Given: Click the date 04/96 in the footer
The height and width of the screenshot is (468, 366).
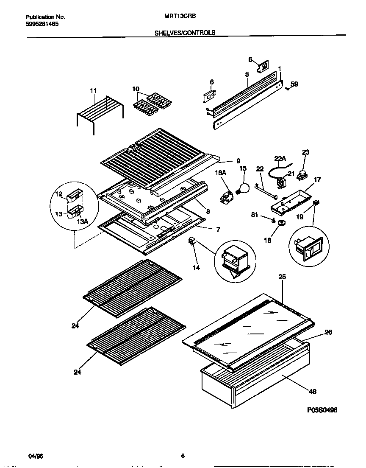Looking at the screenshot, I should coord(36,456).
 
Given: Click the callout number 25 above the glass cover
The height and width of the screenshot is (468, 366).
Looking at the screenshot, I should coord(282,277).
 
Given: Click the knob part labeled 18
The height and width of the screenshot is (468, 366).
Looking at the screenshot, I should coord(280,223).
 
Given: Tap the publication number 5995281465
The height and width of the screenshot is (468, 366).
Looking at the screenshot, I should coord(42,24).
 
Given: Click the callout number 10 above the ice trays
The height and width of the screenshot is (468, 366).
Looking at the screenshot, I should coord(136,89).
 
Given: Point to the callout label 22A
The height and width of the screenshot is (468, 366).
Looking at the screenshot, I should coord(280,159).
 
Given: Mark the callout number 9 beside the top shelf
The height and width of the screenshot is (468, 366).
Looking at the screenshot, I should coord(238,161).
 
